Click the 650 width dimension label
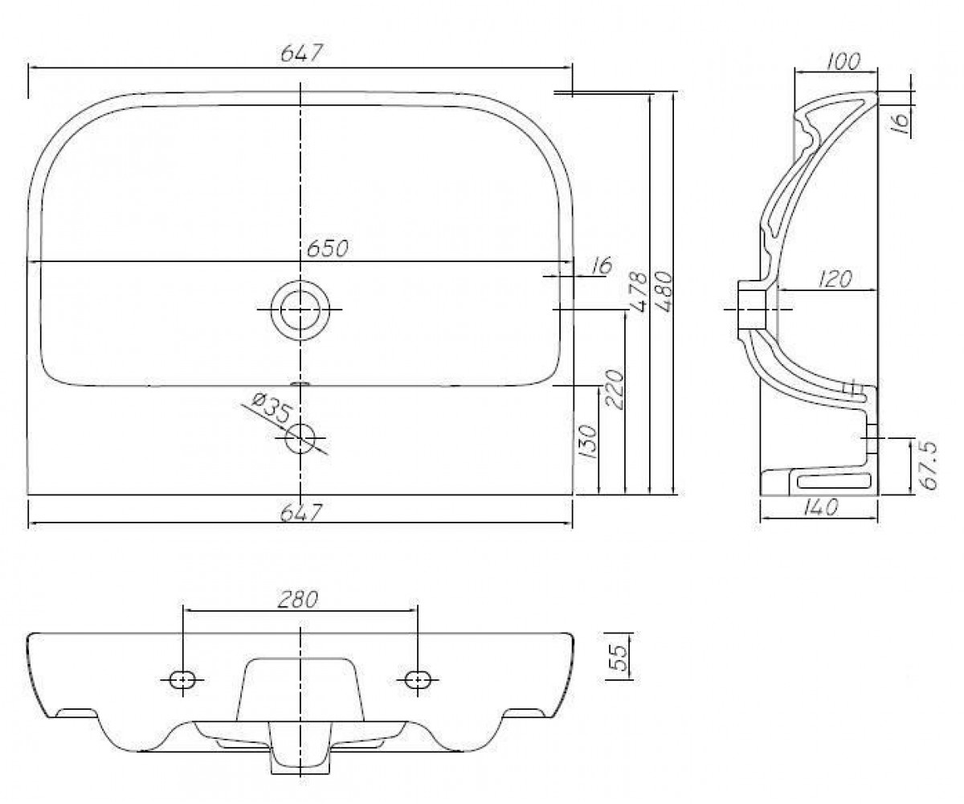point(327,249)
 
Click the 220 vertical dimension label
point(615,389)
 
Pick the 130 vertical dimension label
point(588,441)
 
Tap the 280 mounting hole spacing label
point(298,600)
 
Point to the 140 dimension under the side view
point(820,508)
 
